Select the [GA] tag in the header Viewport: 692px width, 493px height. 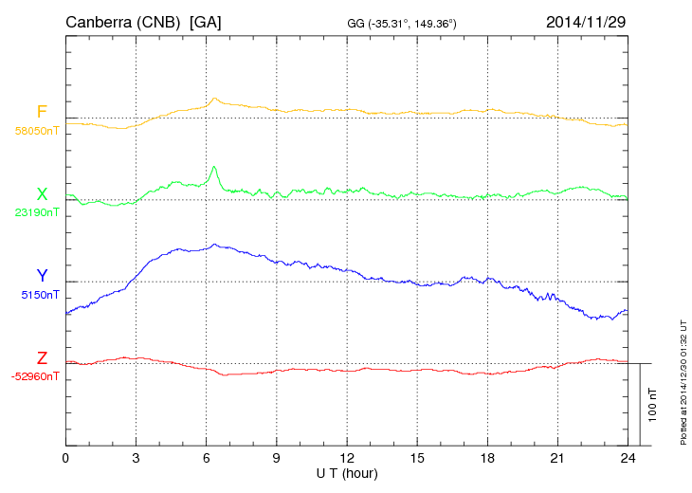tap(206, 21)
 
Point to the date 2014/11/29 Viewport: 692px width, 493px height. tap(586, 21)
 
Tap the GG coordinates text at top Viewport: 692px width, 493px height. tap(403, 23)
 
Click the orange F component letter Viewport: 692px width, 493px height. tap(42, 112)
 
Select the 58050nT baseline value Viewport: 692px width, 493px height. tap(36, 131)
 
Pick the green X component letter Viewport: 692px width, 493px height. tap(42, 194)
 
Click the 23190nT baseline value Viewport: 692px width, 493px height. tap(36, 213)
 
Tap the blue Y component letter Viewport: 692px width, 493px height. tap(42, 276)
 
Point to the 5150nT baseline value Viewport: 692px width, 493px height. tap(39, 295)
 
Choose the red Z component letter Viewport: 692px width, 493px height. tap(42, 358)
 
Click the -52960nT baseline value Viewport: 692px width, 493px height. tap(35, 376)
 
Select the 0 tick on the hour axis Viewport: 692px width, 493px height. tap(65, 458)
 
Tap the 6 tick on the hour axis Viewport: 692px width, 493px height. tap(207, 458)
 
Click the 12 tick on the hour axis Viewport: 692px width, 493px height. tap(347, 458)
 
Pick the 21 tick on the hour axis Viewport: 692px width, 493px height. tap(557, 458)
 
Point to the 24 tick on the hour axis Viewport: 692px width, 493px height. tap(628, 458)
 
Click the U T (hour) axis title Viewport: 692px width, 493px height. tap(346, 472)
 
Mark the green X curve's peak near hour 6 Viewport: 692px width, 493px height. tap(215, 167)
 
